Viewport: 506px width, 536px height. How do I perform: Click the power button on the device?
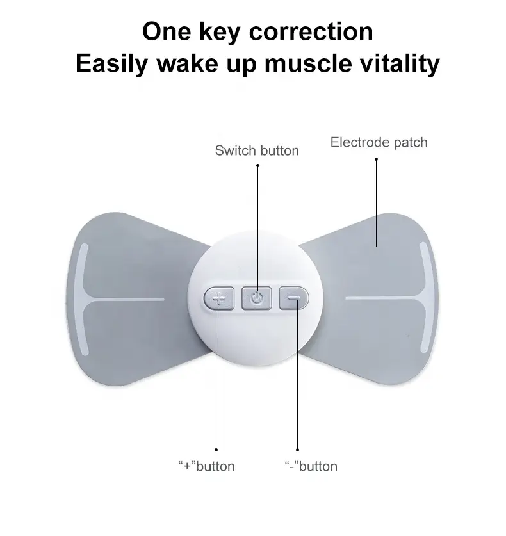[256, 298]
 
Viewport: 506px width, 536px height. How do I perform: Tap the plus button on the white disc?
[219, 298]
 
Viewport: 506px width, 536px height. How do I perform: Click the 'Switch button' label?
[257, 150]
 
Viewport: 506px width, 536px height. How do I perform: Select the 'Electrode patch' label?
[379, 143]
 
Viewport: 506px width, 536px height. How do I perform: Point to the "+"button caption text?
[206, 466]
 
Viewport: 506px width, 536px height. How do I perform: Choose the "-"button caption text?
[311, 466]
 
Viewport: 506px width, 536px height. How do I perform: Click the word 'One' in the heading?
[167, 31]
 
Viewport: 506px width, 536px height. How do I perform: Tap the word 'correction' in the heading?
[311, 32]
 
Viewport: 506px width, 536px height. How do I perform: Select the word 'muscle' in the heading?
[308, 63]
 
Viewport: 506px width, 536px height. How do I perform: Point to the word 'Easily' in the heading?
[111, 64]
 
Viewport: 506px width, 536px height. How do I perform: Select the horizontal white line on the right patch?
[385, 298]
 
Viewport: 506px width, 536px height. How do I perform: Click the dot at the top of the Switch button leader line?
[257, 166]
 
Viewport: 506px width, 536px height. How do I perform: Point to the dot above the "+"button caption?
[216, 450]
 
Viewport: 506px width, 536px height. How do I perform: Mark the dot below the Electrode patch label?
[377, 159]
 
